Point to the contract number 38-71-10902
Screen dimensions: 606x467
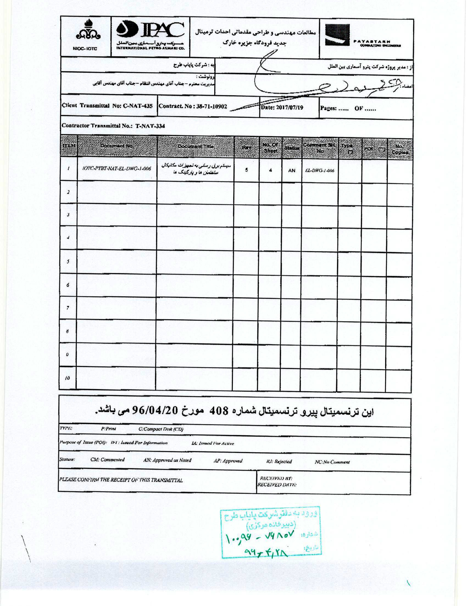tap(212, 106)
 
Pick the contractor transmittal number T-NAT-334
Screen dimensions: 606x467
tap(150, 126)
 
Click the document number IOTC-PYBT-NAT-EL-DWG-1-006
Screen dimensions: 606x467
tap(117, 169)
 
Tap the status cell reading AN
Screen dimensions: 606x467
tap(291, 170)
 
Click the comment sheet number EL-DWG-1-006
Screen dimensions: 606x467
tap(319, 171)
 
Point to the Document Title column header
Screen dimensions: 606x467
tap(196, 147)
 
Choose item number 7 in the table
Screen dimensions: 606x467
tap(68, 308)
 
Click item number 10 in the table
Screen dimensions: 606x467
tap(68, 378)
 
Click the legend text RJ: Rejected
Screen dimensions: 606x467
tap(279, 461)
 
